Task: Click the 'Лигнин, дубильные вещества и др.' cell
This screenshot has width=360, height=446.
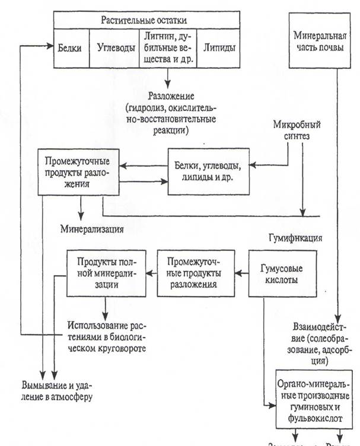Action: [167, 47]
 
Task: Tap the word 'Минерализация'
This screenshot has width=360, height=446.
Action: [91, 227]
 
